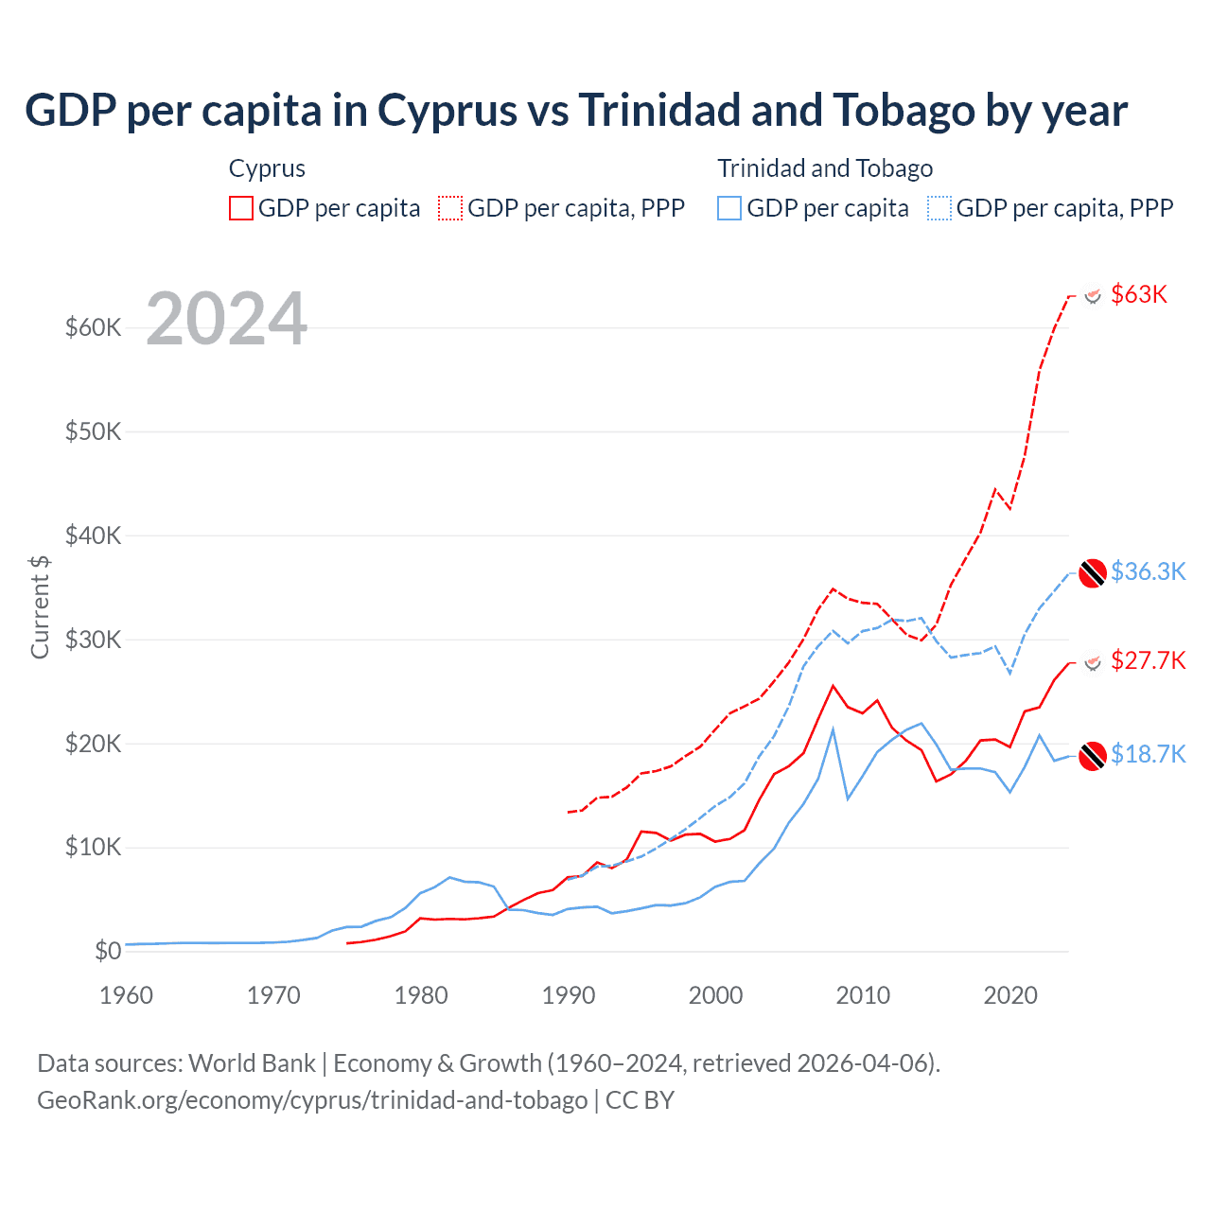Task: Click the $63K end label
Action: pos(1139,294)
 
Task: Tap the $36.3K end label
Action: pos(1148,571)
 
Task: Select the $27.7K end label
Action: pos(1148,660)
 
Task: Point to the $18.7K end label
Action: pos(1148,754)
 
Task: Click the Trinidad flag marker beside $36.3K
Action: pos(1093,572)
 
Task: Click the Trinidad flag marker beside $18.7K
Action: pos(1093,756)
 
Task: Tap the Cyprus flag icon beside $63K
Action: pos(1093,295)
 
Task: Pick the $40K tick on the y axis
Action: pos(93,536)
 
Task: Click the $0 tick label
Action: pos(108,952)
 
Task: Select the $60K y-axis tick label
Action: pos(93,328)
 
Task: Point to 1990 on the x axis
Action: pos(569,995)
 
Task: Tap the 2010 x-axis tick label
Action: pos(863,995)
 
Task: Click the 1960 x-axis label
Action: pos(127,995)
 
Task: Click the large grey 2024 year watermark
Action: pos(227,319)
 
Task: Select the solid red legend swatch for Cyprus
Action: pos(241,208)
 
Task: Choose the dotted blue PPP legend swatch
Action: pos(939,208)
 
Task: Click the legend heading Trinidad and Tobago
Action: pos(825,168)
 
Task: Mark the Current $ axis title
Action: pos(40,606)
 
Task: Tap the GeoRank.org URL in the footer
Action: pos(312,1100)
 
